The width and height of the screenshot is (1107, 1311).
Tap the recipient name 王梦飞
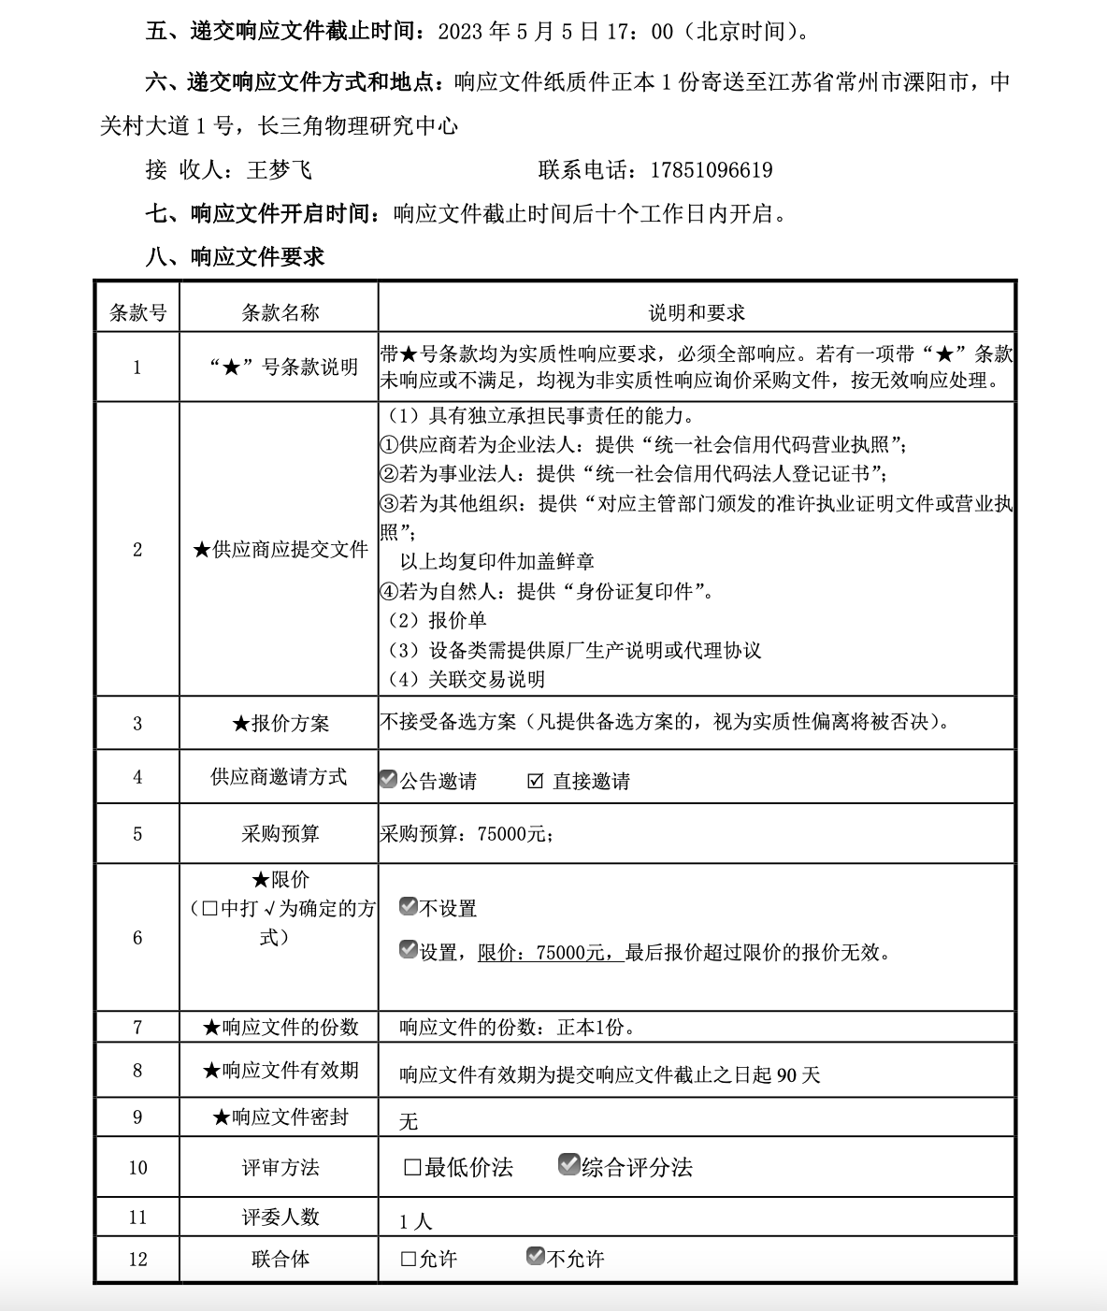[279, 170]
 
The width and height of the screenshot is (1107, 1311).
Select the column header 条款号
[137, 312]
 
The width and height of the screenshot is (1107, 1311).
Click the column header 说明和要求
[697, 312]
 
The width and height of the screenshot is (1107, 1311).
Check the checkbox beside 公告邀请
[389, 779]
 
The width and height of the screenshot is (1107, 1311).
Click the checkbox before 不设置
[409, 906]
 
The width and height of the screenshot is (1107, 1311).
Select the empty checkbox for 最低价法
[412, 1167]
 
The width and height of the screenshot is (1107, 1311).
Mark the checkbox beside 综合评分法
[568, 1164]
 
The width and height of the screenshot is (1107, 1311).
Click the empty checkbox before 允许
[409, 1259]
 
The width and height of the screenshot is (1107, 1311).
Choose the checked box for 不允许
[536, 1256]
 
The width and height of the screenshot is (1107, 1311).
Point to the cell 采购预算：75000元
[466, 833]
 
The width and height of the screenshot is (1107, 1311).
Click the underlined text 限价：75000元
[550, 953]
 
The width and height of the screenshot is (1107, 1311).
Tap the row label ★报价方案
[280, 723]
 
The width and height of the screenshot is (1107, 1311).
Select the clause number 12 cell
[137, 1259]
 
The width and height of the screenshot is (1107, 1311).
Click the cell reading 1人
[415, 1221]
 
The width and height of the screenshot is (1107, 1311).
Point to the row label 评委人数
[280, 1217]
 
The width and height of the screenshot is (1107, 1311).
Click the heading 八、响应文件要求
[235, 257]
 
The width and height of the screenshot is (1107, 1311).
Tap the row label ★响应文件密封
[280, 1117]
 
